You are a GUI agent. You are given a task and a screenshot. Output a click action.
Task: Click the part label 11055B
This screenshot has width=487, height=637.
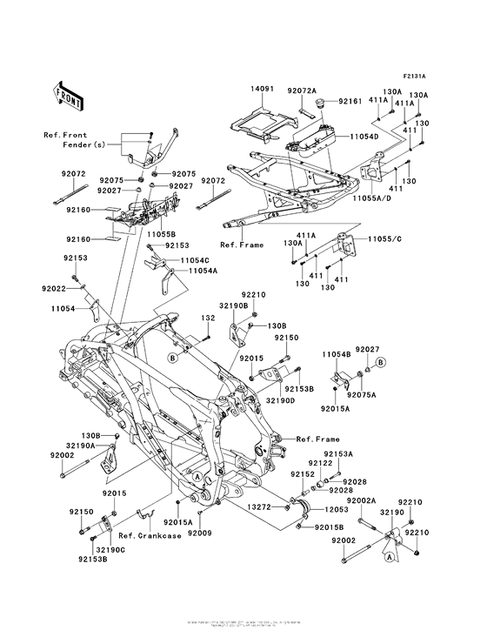(162, 235)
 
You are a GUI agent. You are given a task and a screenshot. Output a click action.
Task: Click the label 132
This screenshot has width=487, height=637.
(208, 318)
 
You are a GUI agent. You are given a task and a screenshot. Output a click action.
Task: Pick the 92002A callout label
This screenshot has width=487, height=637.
(363, 501)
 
